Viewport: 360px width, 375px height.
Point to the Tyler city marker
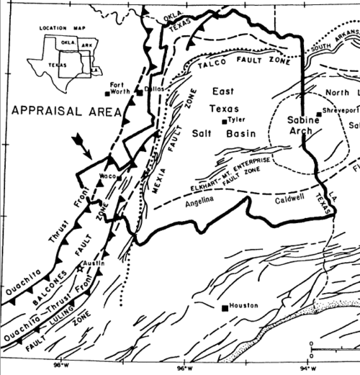(223, 120)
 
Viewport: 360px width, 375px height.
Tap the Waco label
(108, 175)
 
